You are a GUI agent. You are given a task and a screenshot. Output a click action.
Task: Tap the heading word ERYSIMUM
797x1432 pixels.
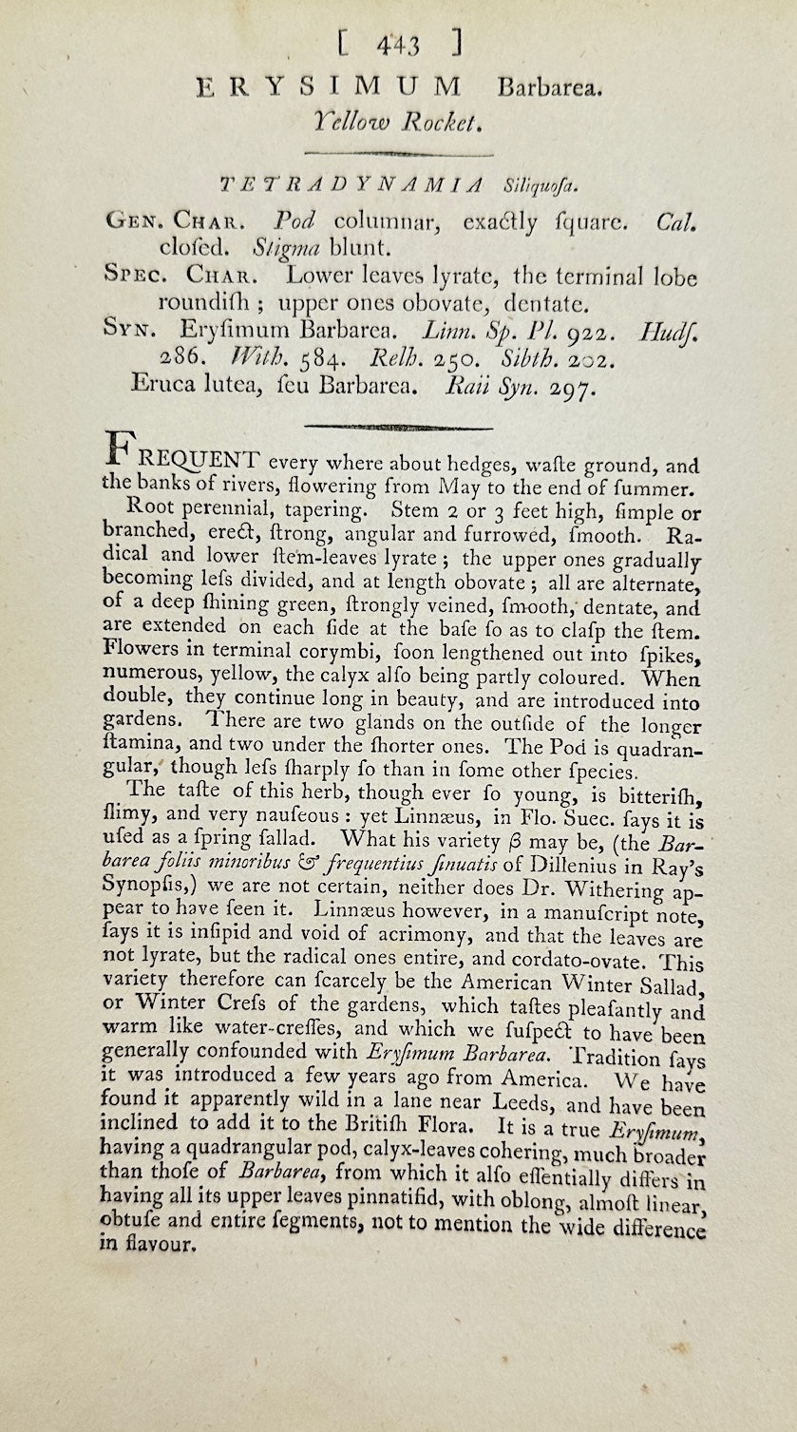[328, 88]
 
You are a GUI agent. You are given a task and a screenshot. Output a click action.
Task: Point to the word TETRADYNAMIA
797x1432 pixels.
[351, 183]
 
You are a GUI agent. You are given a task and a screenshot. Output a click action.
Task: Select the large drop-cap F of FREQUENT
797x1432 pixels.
[118, 453]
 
